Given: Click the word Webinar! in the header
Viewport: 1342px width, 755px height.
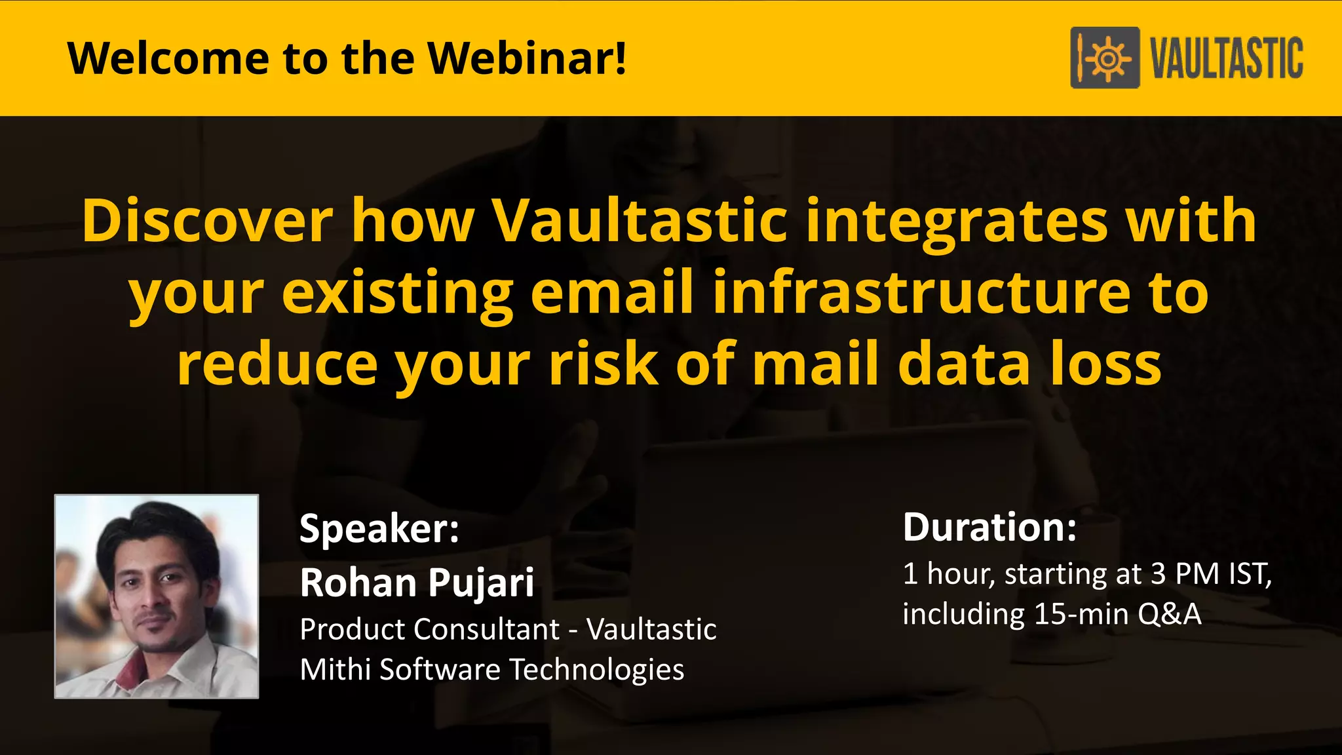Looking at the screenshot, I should [527, 58].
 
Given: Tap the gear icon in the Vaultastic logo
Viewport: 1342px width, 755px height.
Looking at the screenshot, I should [1108, 58].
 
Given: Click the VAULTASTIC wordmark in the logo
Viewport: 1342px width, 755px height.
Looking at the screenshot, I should [1227, 58].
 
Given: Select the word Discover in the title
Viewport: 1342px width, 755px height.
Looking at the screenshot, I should [208, 221].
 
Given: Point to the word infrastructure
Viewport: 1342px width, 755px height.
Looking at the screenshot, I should [921, 293].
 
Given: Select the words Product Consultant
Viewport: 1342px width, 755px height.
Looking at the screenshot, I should [429, 630].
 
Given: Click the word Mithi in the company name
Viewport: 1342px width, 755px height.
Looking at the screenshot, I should [335, 670].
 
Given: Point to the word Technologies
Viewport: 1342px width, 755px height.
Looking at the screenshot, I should [596, 670].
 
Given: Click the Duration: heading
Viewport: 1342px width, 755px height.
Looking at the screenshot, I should [989, 527].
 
